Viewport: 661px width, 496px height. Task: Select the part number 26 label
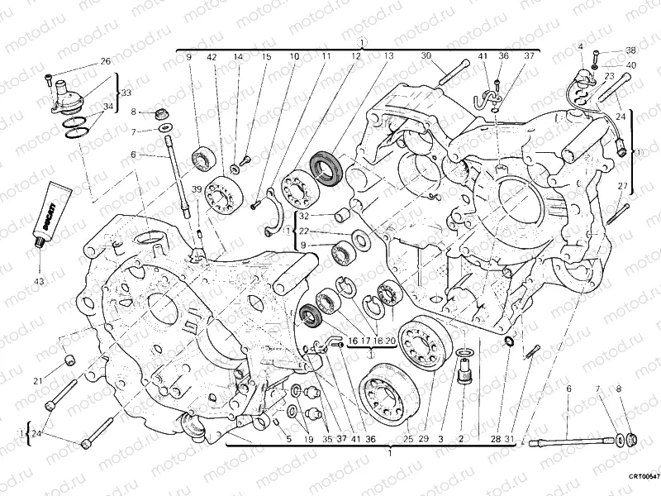pos(105,61)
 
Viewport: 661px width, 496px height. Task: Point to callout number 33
pos(126,93)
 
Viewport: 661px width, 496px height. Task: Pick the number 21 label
pos(38,380)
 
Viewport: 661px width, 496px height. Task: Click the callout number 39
pos(197,189)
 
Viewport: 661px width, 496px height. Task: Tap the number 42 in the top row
pos(212,56)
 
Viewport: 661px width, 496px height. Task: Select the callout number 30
pos(426,56)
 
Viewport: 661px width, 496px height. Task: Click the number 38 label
pos(631,50)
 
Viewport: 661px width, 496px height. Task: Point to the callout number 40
pos(631,64)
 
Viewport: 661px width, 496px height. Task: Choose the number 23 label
pos(608,76)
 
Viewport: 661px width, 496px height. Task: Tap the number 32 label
pos(305,217)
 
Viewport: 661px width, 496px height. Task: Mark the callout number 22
pos(305,231)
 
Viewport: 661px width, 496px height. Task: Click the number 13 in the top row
pos(388,56)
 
